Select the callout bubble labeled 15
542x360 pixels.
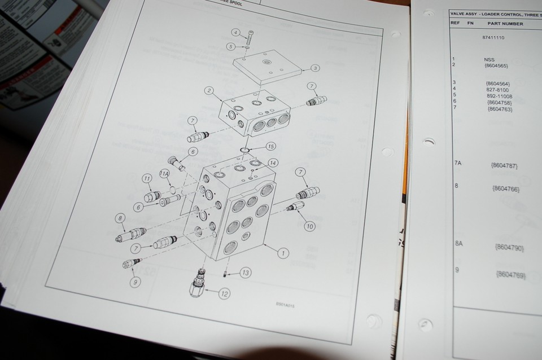tap(270, 146)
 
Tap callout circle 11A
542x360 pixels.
tap(165, 174)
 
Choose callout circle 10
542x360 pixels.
tap(309, 226)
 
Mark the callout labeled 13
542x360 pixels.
tap(244, 273)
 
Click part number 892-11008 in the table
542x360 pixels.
tap(496, 96)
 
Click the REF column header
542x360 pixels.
tap(455, 23)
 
